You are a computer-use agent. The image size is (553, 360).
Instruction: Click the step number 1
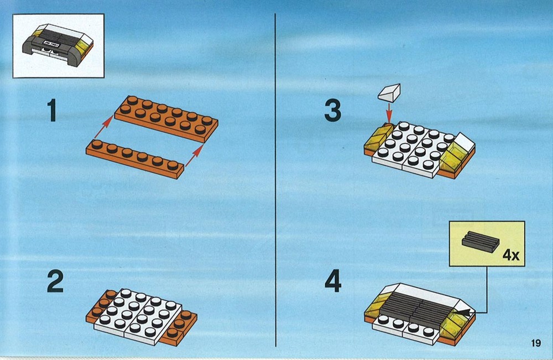pos(52,111)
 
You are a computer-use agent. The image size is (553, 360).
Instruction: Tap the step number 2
pos(55,281)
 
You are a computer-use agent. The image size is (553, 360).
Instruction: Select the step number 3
pos(332,111)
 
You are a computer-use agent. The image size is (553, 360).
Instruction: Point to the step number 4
pos(332,281)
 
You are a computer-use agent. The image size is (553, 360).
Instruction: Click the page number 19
pos(535,343)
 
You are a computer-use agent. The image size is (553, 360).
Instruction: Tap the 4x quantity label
pos(510,254)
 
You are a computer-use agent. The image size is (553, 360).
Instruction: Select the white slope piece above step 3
pos(389,93)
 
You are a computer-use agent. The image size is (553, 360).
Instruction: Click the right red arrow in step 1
pos(194,155)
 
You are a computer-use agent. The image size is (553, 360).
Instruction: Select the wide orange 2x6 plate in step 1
pos(166,119)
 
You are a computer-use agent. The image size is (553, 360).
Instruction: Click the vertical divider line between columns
pos(275,180)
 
